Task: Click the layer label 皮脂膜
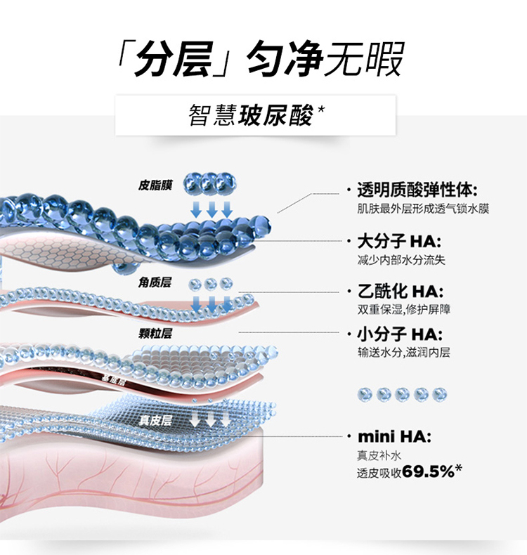pyautogui.click(x=155, y=185)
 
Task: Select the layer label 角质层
pyautogui.click(x=155, y=282)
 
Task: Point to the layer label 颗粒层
pyautogui.click(x=155, y=333)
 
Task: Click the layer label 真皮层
pyautogui.click(x=155, y=421)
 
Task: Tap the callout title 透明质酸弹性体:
pyautogui.click(x=417, y=190)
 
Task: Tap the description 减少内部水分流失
pyautogui.click(x=401, y=260)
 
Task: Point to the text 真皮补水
pyautogui.click(x=379, y=455)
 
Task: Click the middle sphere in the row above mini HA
pyautogui.click(x=403, y=394)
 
